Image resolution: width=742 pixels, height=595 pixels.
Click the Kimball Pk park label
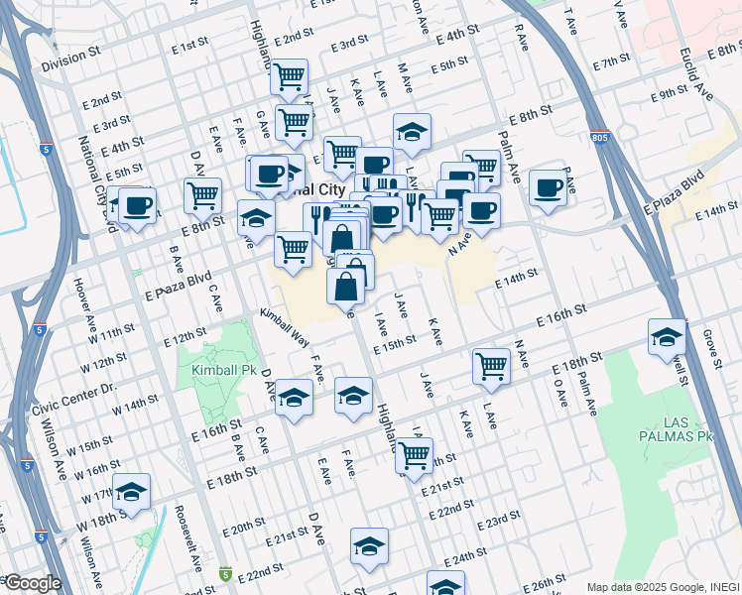215,370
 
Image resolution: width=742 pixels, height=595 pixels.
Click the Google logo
32,583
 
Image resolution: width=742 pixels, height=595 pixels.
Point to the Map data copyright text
661,586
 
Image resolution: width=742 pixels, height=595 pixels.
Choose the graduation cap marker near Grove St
668,336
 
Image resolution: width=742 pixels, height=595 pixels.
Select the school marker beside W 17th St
131,492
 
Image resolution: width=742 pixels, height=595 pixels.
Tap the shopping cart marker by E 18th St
492,366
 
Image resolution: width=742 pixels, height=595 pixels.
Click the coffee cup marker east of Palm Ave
547,186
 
